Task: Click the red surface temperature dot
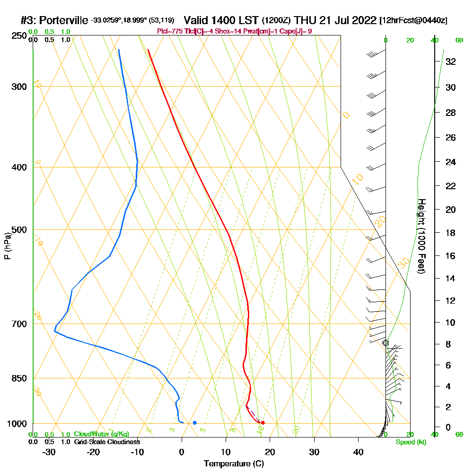click(x=263, y=422)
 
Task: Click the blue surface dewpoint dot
click(x=194, y=422)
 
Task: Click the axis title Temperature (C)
click(x=234, y=464)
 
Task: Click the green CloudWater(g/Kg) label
click(x=101, y=434)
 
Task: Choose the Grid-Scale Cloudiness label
click(x=107, y=442)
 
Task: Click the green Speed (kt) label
click(x=411, y=442)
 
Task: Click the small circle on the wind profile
click(x=385, y=342)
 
